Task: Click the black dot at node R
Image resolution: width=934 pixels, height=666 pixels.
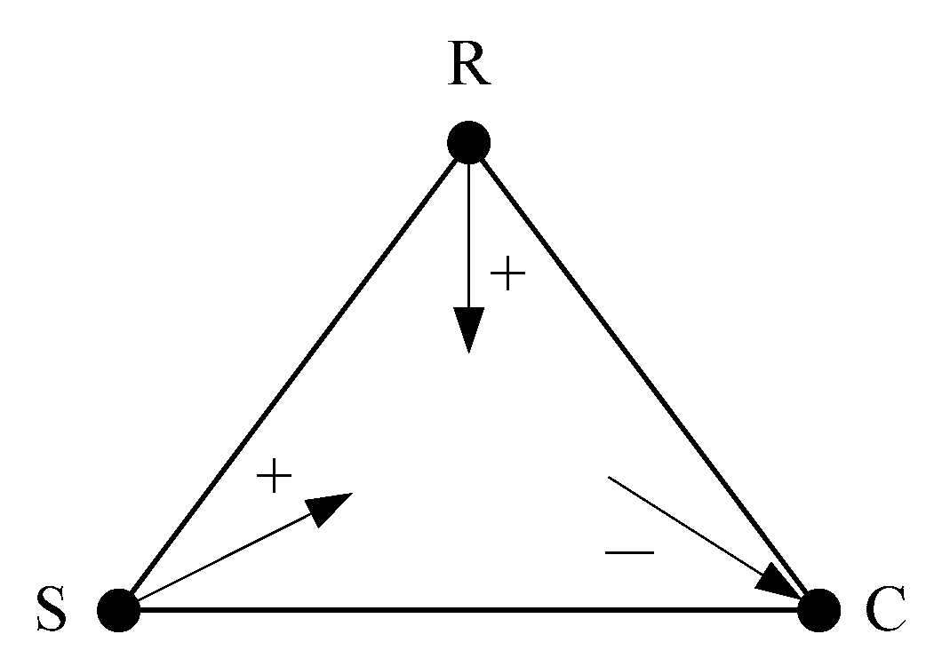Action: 468,142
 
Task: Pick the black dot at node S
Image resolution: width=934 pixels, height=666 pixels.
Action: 118,610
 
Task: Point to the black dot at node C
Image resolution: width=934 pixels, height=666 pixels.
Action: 818,610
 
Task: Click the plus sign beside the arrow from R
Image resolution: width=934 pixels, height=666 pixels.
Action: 507,275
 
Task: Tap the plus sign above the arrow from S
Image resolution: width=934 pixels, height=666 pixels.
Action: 274,478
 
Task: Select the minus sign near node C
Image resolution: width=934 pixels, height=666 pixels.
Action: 629,553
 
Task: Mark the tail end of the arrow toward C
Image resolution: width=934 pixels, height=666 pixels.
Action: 610,479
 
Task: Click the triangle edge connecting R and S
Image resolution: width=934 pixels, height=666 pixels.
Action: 293,376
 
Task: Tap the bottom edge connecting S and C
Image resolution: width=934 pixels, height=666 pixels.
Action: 468,610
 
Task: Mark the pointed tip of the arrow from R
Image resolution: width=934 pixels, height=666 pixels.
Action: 468,351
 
